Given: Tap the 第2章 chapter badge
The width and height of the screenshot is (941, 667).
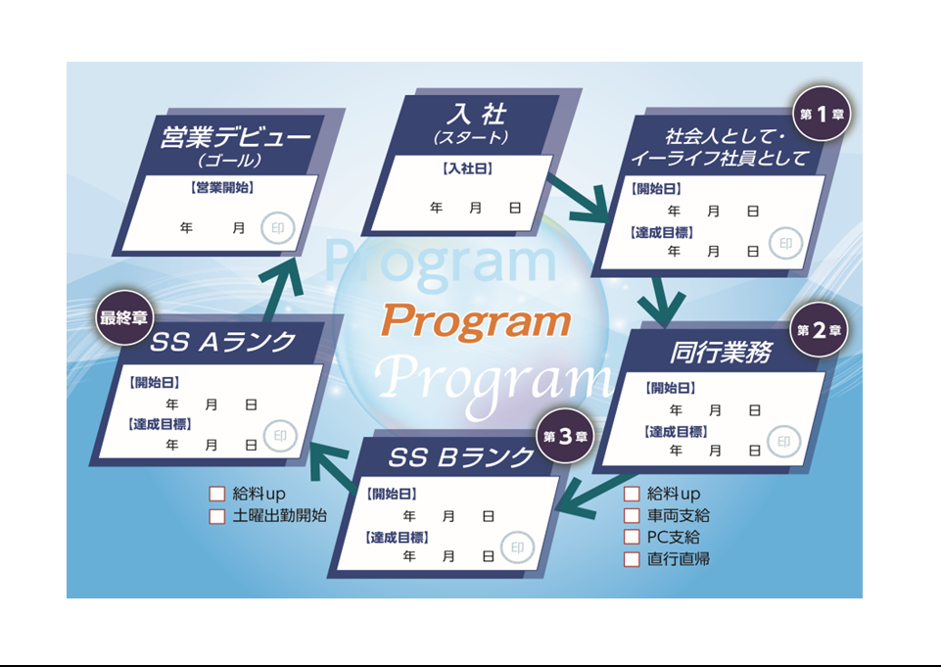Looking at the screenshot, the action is (820, 330).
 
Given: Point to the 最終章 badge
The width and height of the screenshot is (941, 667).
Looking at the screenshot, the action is (123, 317).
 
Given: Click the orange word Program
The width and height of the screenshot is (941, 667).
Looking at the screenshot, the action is (476, 321).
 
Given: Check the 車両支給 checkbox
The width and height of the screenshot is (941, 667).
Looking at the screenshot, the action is (632, 515).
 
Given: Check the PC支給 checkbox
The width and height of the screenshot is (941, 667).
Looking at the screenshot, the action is (632, 537).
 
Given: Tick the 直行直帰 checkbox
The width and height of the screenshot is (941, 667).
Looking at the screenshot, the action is (632, 559).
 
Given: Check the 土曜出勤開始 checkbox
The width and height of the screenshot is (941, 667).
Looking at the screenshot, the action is (217, 515).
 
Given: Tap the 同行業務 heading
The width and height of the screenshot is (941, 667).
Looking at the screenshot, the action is (719, 353).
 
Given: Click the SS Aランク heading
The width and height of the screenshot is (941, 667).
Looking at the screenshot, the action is (224, 342).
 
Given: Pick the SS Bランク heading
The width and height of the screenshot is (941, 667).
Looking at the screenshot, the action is (460, 457).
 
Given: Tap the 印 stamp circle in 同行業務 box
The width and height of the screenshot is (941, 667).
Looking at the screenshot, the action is (782, 442).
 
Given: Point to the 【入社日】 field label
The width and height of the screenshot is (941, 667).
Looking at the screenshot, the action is (467, 169).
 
